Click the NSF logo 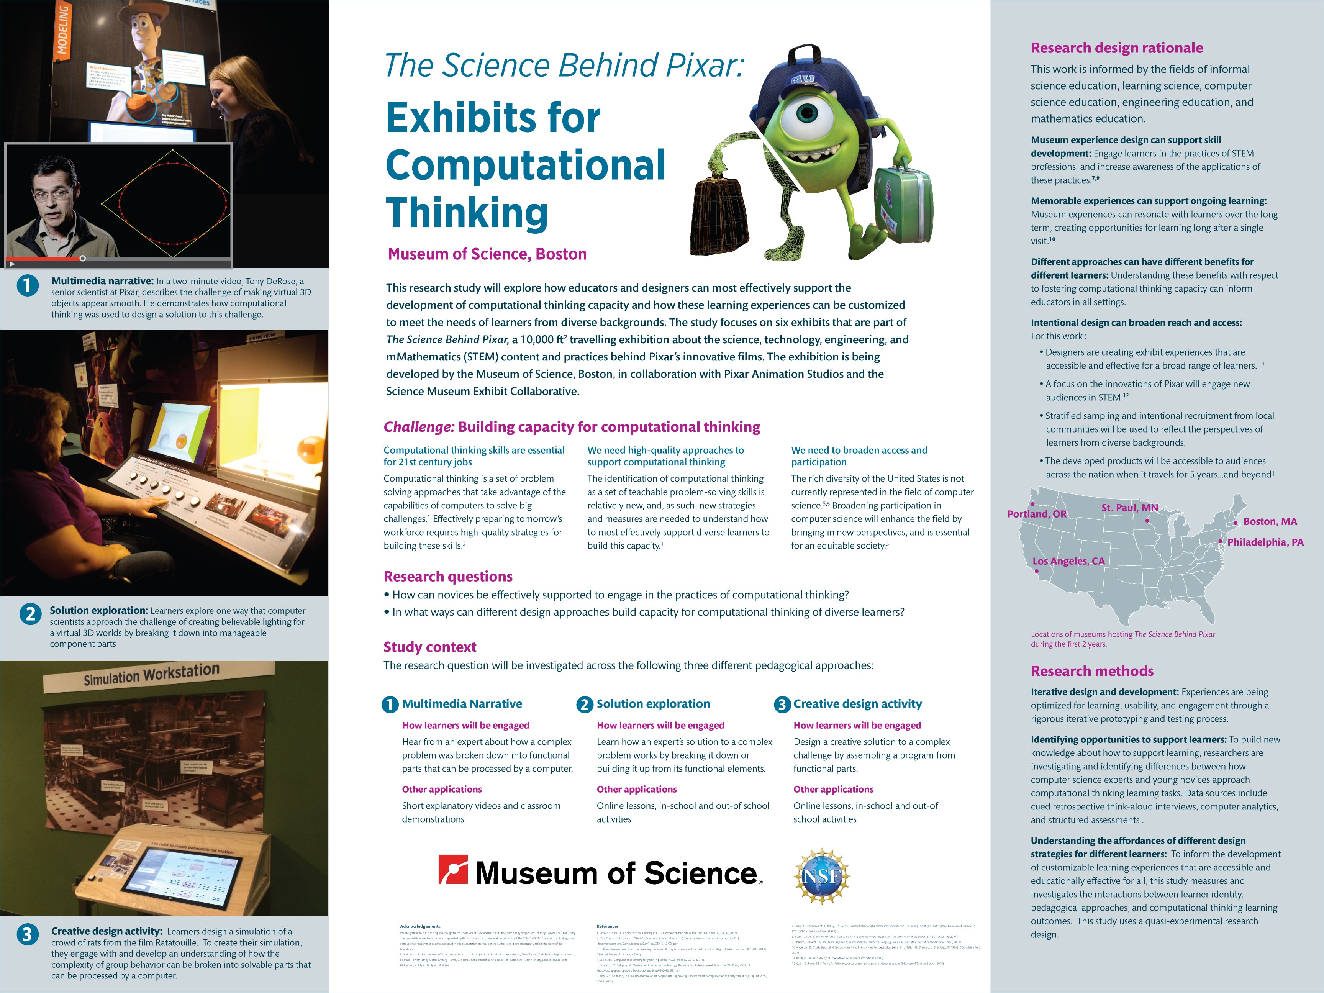822,876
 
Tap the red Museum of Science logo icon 452,870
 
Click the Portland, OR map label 1037,514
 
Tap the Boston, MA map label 1270,522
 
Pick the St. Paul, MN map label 1129,508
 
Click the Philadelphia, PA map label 1265,542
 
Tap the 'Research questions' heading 448,577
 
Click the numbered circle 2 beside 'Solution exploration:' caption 30,614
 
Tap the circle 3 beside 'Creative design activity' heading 782,705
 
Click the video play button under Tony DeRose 12,263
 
